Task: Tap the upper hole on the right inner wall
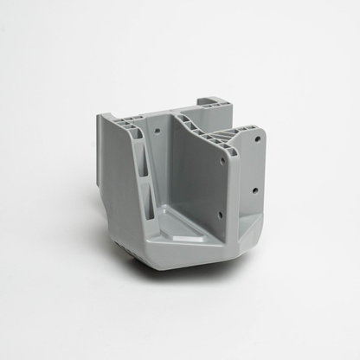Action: pyautogui.click(x=222, y=160)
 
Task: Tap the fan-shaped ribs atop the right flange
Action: pyautogui.click(x=239, y=135)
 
